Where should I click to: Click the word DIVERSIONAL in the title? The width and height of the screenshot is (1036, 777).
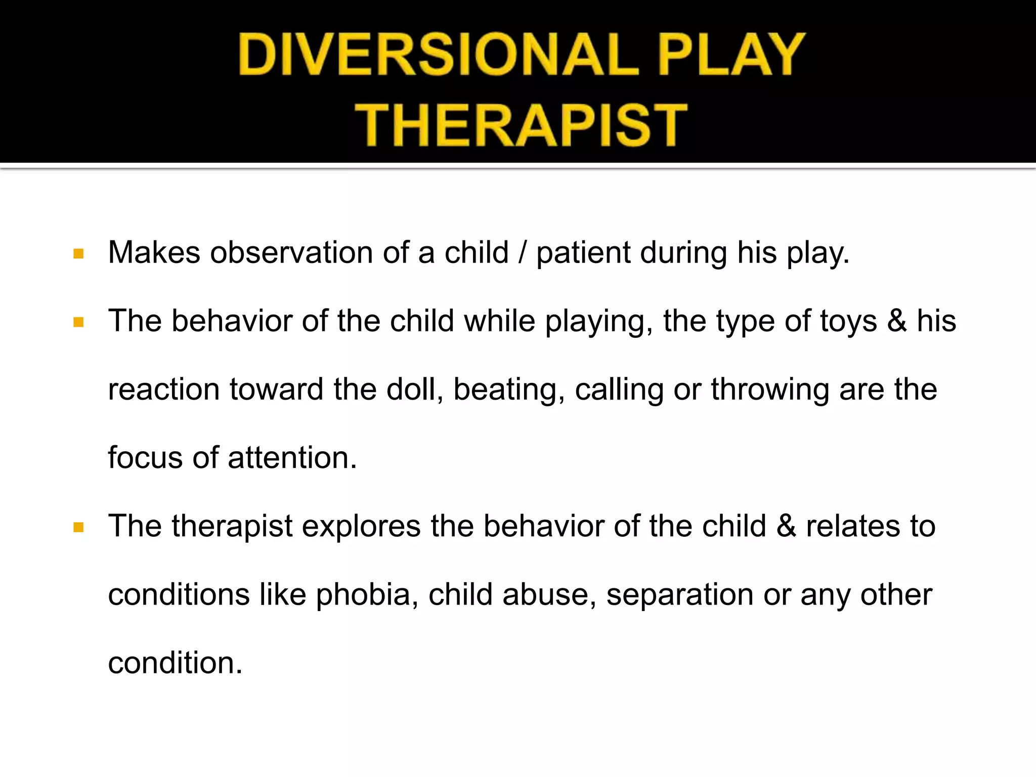438,54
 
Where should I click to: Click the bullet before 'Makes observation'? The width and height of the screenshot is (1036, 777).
78,253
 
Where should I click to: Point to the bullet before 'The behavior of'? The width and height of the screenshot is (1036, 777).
78,322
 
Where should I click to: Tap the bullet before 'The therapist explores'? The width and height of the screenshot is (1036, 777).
78,528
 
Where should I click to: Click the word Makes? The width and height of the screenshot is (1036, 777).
154,252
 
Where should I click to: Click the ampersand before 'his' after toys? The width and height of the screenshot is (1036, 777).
897,321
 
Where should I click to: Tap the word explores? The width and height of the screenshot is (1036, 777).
361,527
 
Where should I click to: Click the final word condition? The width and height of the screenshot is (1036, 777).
175,663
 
